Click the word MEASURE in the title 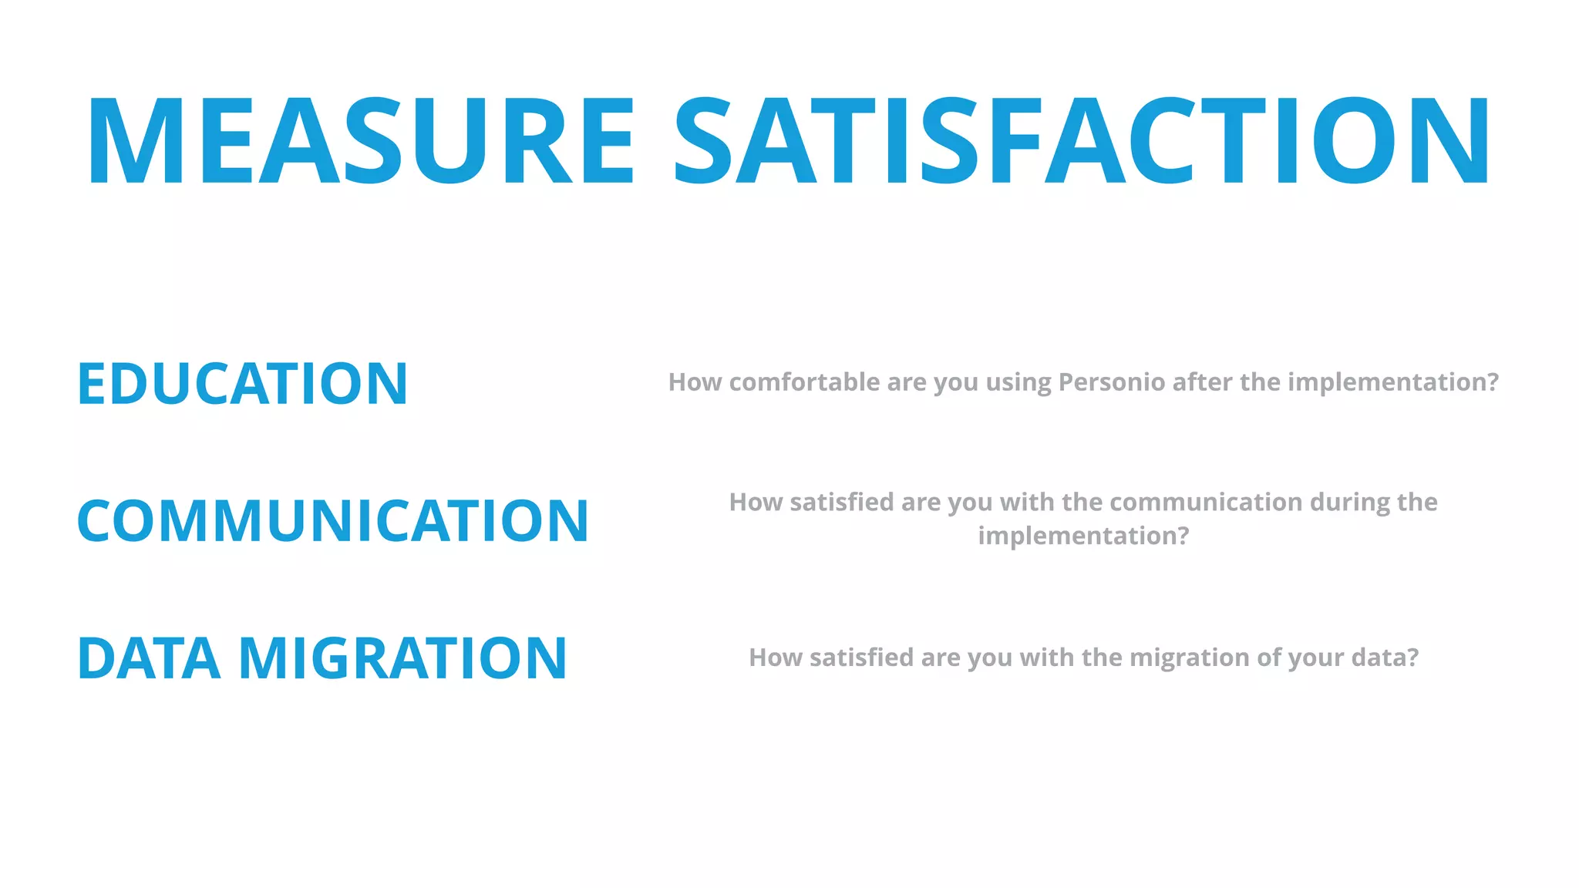pyautogui.click(x=361, y=141)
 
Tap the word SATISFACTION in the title pyautogui.click(x=1081, y=141)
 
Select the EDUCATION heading pyautogui.click(x=242, y=384)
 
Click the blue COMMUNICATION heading pyautogui.click(x=333, y=521)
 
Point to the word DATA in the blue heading pyautogui.click(x=149, y=659)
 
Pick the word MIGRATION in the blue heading pyautogui.click(x=402, y=659)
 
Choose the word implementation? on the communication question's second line pyautogui.click(x=1083, y=536)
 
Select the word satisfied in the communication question pyautogui.click(x=842, y=503)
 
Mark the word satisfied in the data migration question pyautogui.click(x=861, y=658)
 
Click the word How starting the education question pyautogui.click(x=695, y=382)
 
